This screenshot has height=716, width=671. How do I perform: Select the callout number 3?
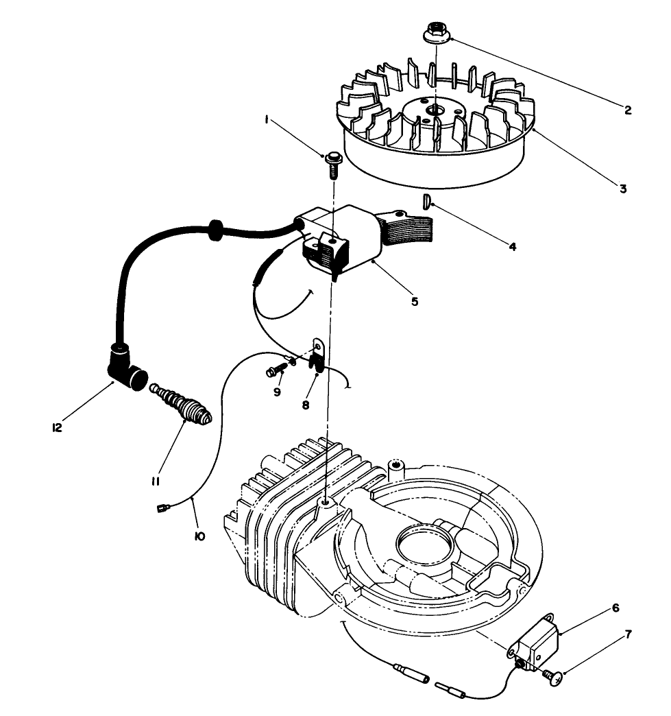[623, 189]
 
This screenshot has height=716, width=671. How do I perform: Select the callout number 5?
[415, 300]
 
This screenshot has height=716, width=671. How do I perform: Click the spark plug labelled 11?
[183, 408]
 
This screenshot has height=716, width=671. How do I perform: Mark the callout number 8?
[305, 405]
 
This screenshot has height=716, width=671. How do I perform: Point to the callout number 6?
[615, 608]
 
